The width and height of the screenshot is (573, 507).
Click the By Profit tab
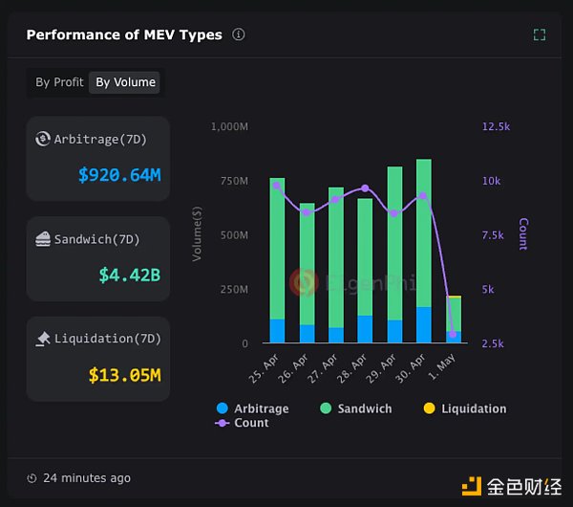[59, 82]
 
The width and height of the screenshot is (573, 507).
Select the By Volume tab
[125, 82]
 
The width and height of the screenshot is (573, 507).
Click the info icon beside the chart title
[239, 34]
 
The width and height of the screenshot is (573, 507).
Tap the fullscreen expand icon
[540, 34]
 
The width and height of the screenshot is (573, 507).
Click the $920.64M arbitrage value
[119, 175]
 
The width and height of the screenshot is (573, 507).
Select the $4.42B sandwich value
[129, 276]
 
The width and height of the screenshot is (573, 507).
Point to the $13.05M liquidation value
[124, 375]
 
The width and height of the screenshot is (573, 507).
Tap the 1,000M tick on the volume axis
[230, 126]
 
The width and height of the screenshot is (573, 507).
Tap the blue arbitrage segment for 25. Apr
[277, 331]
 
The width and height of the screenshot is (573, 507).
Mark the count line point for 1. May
[453, 334]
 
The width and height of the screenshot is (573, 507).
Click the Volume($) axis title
[198, 234]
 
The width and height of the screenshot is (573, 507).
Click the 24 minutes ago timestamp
[85, 478]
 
